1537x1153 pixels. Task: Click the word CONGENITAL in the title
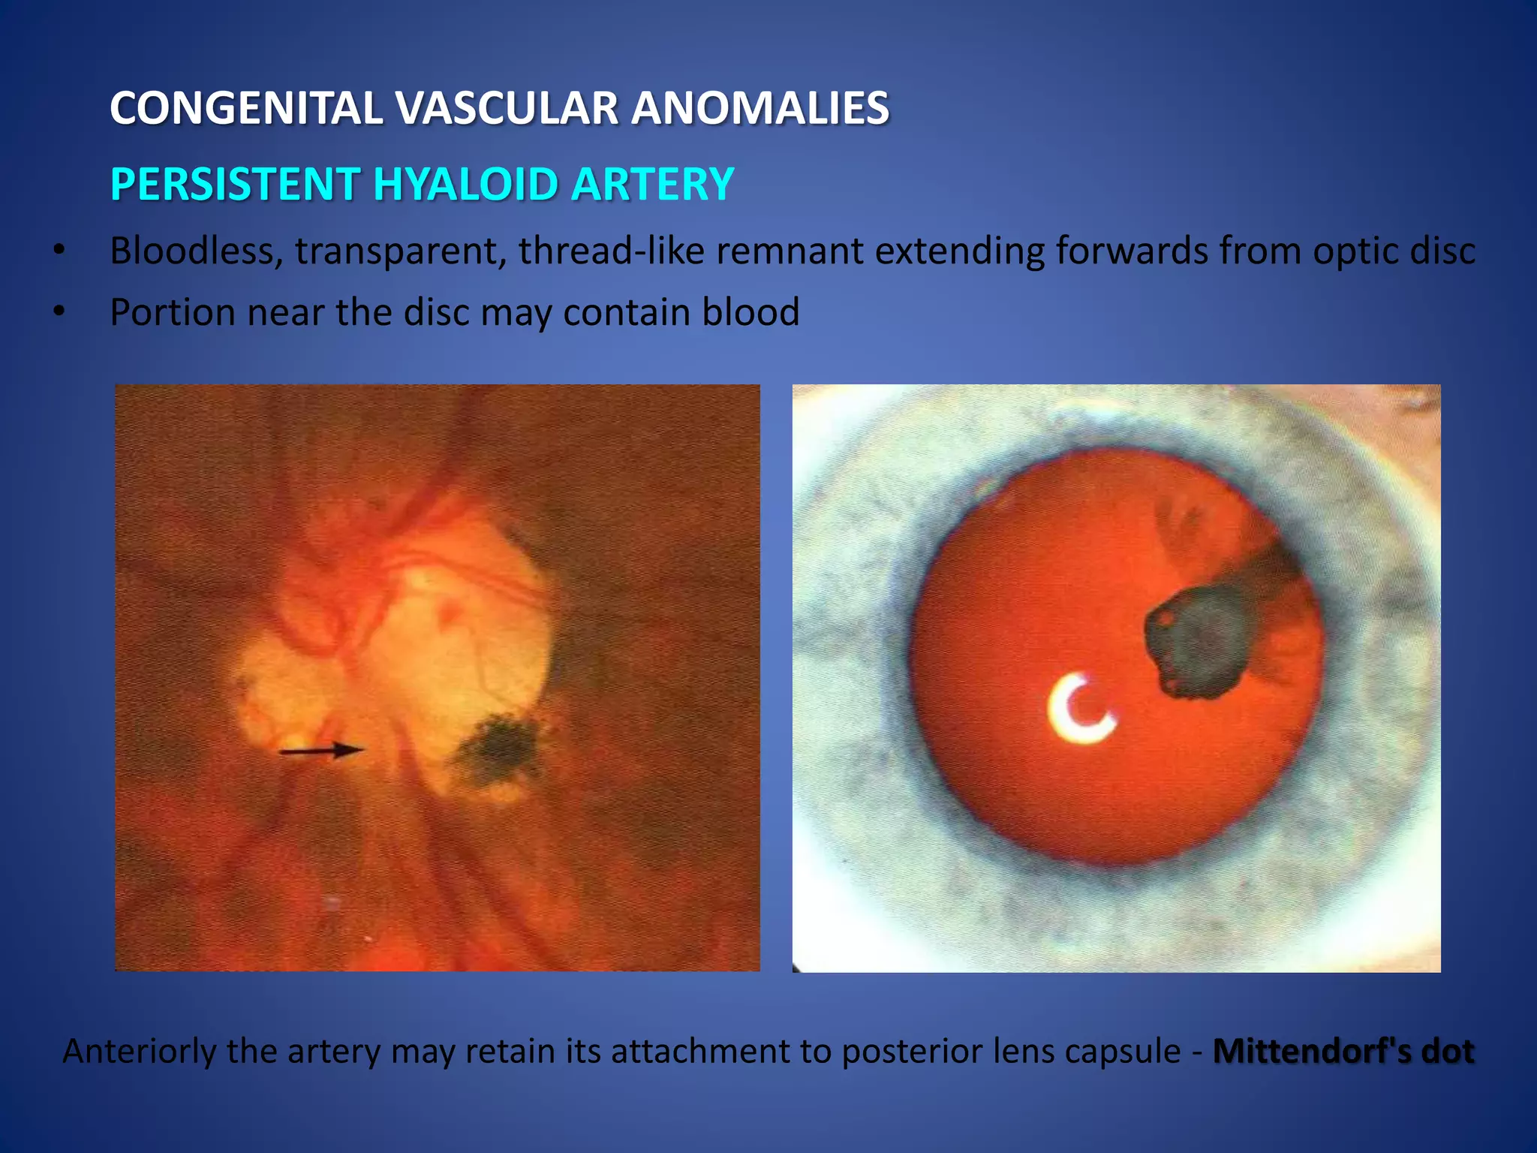point(247,108)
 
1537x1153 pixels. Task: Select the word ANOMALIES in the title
point(759,108)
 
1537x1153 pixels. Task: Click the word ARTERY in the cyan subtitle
point(651,185)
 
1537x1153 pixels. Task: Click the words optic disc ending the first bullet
point(1393,251)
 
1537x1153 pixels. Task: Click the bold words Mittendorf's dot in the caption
point(1343,1051)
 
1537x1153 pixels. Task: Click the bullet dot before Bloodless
point(59,250)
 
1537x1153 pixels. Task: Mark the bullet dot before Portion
point(59,312)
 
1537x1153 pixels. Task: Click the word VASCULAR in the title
point(507,108)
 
